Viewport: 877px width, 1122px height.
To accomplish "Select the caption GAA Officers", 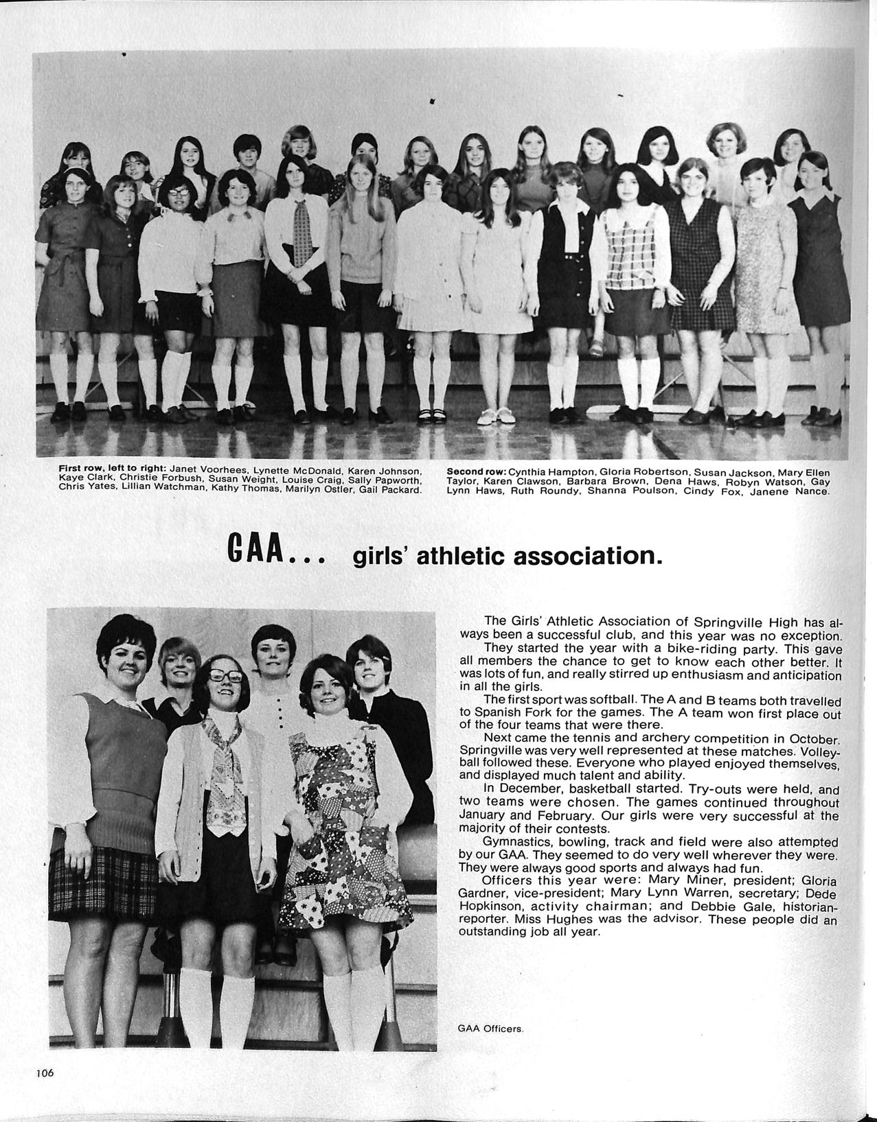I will pyautogui.click(x=490, y=1029).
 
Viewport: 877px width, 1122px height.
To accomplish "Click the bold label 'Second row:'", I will pyautogui.click(x=476, y=472).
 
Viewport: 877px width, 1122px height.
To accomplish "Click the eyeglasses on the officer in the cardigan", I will pyautogui.click(x=225, y=676).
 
